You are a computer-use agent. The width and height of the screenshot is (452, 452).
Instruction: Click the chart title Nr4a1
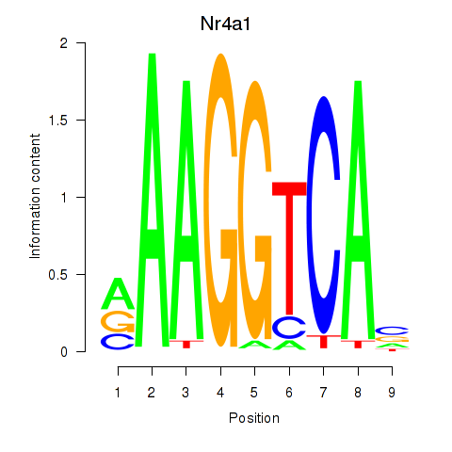point(225,24)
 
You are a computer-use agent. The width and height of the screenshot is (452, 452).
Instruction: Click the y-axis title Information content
point(35,196)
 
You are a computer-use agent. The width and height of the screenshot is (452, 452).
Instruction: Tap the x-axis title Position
point(254,418)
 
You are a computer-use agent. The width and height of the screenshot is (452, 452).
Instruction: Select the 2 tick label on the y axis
point(64,43)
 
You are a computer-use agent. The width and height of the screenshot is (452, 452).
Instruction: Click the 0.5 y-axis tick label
point(58,275)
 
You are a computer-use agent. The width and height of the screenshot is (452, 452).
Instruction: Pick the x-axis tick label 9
point(392,393)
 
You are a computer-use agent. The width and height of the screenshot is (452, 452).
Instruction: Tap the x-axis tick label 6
point(289,393)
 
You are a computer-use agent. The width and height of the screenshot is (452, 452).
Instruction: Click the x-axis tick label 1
point(118,393)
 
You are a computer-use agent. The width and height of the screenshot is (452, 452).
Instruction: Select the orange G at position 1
point(118,322)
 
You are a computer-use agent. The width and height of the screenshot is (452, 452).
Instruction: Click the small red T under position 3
point(186,344)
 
